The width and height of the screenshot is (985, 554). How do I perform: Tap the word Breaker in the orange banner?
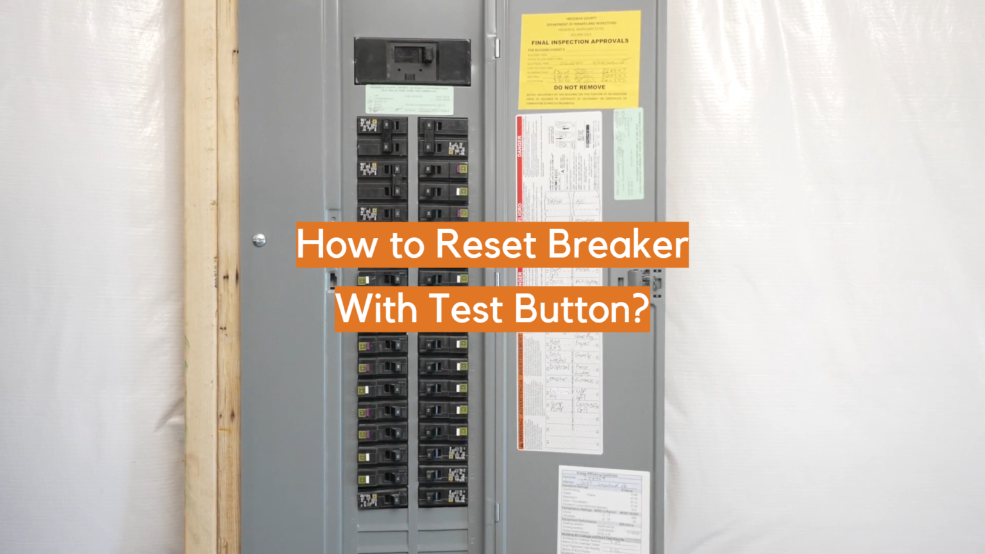[x=618, y=244]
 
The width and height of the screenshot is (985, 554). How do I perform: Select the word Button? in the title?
[x=582, y=309]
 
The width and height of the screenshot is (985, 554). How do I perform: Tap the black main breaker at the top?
[x=412, y=62]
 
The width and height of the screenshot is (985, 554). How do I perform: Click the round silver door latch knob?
[x=259, y=240]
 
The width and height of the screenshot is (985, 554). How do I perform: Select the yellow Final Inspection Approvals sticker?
[x=580, y=59]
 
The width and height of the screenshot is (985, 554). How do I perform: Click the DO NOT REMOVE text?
[x=579, y=87]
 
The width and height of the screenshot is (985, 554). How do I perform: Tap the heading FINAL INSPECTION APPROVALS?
[x=580, y=42]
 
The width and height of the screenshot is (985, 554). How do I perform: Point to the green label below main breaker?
[x=409, y=100]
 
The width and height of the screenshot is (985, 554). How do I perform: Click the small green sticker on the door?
[x=628, y=154]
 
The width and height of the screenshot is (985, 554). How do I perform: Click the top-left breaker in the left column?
[x=382, y=125]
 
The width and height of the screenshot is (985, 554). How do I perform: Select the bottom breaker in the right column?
[x=443, y=497]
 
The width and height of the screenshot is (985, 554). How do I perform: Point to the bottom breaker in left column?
[x=382, y=498]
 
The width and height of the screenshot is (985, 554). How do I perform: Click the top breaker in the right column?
[x=443, y=125]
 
